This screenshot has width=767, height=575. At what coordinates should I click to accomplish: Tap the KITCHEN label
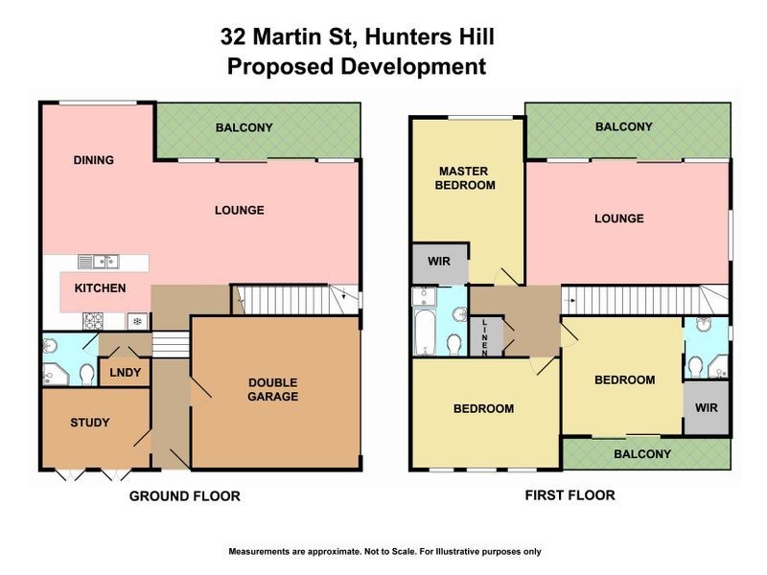coord(100,288)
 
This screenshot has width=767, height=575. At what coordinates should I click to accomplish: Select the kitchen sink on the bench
coord(99,260)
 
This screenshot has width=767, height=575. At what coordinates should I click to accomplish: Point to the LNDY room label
coord(122,372)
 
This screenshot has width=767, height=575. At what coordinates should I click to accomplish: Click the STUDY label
coord(90,423)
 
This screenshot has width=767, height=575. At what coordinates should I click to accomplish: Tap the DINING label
coord(94,160)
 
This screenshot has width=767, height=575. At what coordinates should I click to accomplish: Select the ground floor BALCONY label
coord(244,127)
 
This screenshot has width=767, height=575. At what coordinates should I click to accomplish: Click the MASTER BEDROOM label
coord(466,178)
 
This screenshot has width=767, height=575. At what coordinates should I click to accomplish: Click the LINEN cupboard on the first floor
coord(485,336)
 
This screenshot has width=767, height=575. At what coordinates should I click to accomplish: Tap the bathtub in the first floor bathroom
coord(424,326)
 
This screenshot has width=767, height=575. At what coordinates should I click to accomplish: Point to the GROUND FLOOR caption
coord(185,496)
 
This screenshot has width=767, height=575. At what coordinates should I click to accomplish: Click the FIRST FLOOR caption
coord(569,495)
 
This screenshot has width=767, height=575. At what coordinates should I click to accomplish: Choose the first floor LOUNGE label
coord(618,218)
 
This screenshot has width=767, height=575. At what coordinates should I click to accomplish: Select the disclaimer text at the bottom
coord(384,551)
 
